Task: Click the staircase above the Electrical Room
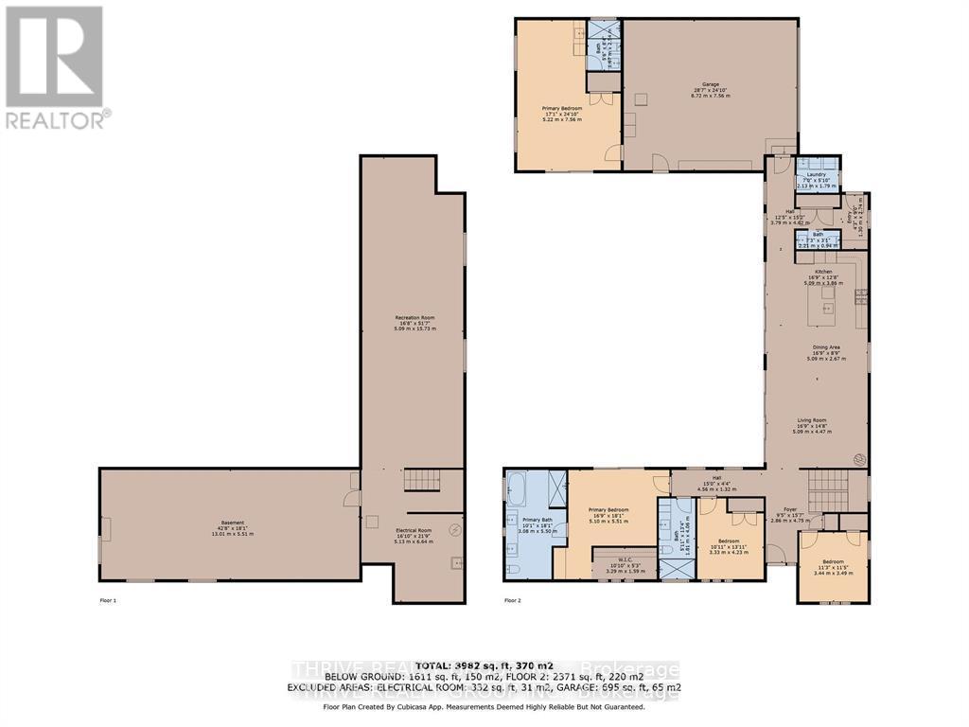[x=421, y=481]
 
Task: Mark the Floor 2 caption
[x=512, y=600]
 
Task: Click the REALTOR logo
[x=55, y=67]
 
